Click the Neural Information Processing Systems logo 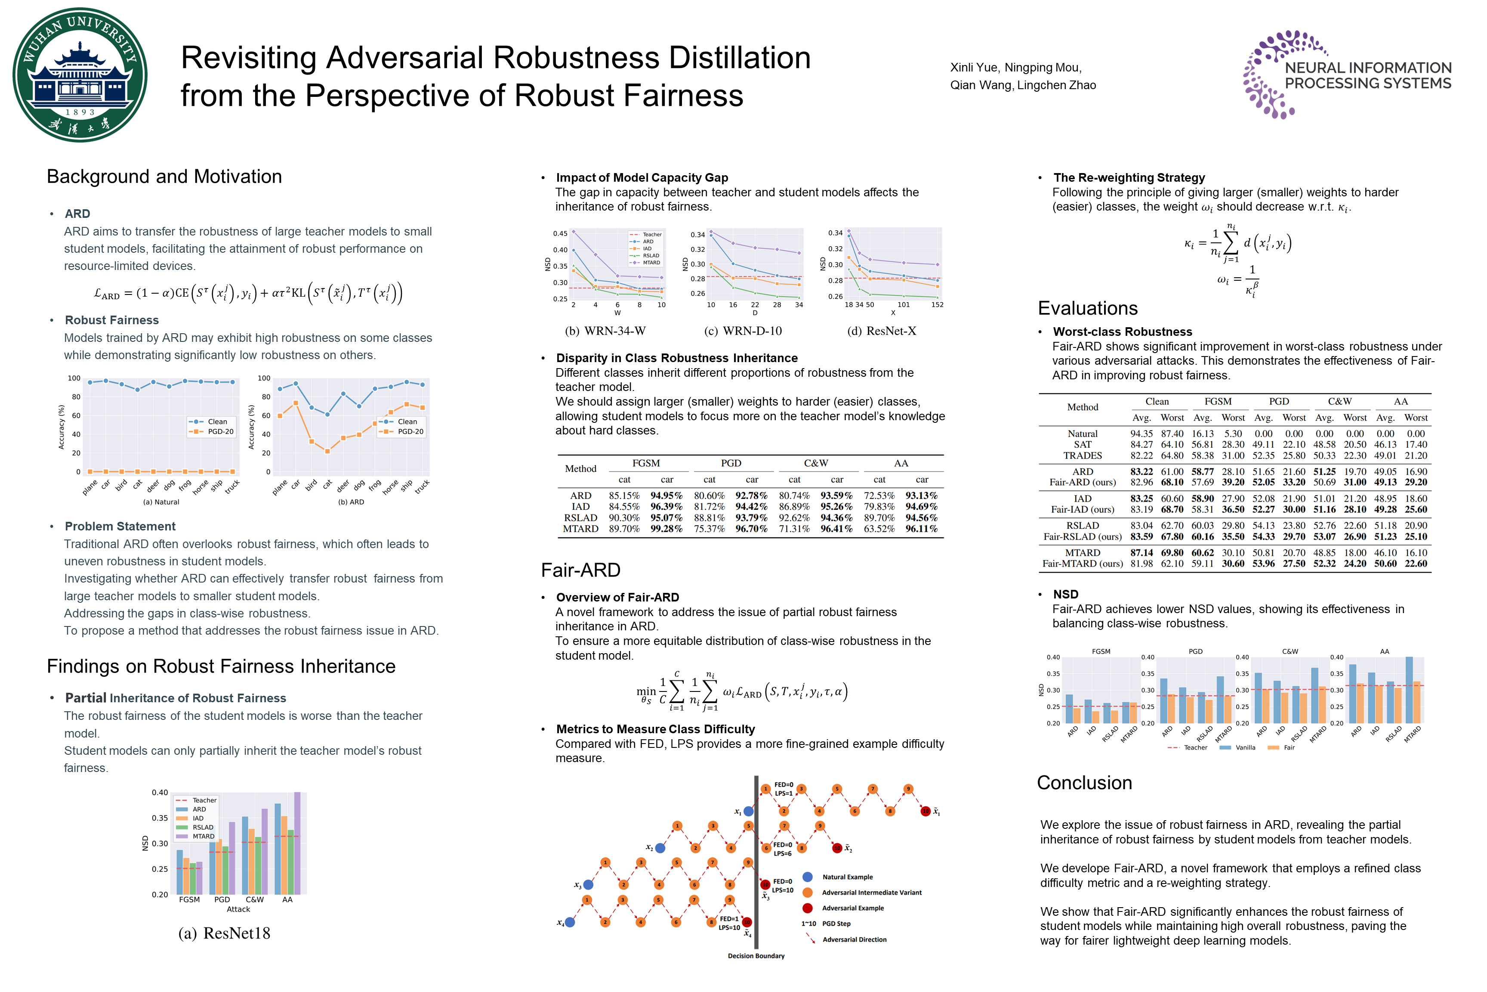[1347, 74]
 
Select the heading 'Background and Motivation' [164, 177]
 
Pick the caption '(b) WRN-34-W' [605, 331]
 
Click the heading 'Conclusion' [1084, 783]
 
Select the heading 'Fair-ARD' [580, 570]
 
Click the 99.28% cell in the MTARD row [666, 529]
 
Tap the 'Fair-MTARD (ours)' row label [1083, 564]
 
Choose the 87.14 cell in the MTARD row [1141, 553]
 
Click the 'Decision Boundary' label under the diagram [756, 956]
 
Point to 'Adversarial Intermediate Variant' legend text [871, 893]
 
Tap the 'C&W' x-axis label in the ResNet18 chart [254, 899]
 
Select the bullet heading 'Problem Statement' [120, 527]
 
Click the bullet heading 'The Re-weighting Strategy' [1129, 178]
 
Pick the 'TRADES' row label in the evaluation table [1083, 456]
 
